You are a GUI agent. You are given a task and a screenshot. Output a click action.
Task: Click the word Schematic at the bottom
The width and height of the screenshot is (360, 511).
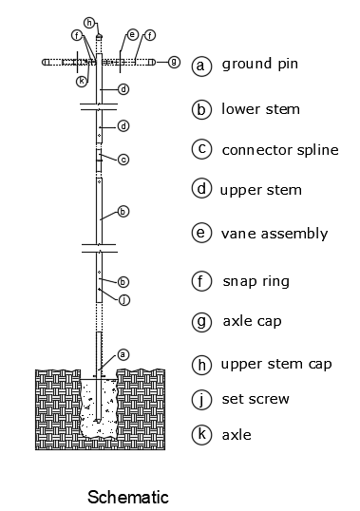pos(128,497)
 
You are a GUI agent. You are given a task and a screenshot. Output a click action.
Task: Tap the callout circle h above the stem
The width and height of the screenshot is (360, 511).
pos(89,23)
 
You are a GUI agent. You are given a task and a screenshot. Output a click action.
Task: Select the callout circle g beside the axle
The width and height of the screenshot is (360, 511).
pos(174,62)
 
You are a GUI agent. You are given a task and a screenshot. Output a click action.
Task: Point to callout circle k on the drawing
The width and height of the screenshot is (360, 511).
pos(82,81)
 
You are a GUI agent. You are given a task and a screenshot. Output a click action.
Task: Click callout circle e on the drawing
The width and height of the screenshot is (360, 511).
pos(132,34)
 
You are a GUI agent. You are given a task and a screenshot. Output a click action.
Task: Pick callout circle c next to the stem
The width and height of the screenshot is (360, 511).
pos(123,160)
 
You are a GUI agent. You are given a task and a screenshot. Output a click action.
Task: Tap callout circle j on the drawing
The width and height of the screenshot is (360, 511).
pos(124,299)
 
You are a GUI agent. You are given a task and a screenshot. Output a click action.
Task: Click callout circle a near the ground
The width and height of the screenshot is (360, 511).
pos(123,354)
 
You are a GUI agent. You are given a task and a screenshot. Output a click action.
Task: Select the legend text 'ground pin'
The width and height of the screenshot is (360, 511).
pos(260,65)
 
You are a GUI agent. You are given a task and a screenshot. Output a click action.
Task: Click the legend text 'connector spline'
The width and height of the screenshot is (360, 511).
pos(280,150)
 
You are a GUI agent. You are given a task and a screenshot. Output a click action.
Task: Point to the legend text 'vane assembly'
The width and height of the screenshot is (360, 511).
pos(275,234)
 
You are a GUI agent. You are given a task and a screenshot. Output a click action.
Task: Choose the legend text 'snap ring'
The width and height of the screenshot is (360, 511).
pos(256,281)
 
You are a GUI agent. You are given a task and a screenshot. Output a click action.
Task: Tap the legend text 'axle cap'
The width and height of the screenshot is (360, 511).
pos(252,321)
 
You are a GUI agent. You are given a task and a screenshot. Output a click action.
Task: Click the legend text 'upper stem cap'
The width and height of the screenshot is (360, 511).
pos(276,364)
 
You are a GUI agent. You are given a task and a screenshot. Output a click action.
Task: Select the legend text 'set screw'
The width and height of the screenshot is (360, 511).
pos(256,399)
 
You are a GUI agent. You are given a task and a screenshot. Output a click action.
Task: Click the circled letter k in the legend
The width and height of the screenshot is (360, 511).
pos(201,434)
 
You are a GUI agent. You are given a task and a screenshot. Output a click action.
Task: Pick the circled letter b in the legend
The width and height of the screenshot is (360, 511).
pos(201,109)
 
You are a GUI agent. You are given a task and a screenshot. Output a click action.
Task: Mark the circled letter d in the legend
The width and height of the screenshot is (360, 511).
pos(201,189)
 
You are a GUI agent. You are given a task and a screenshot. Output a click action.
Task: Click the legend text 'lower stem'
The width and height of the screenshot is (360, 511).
pos(260,109)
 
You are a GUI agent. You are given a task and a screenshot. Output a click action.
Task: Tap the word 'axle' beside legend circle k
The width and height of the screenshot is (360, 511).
pos(237,435)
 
